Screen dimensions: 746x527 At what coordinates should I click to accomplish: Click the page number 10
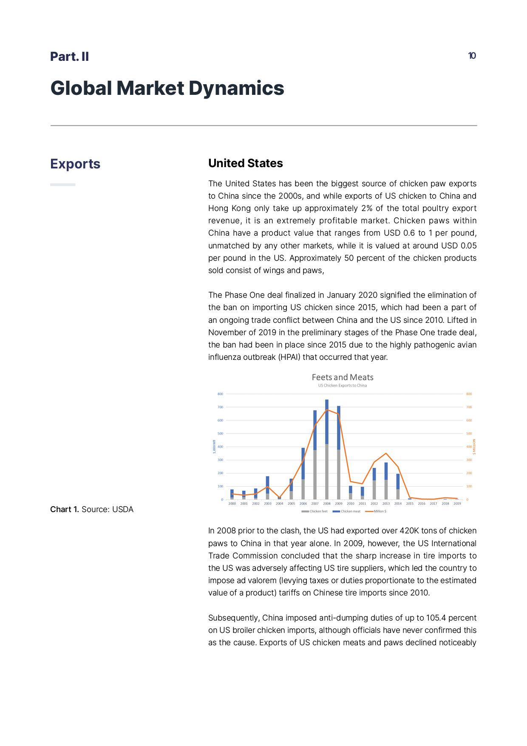[472, 56]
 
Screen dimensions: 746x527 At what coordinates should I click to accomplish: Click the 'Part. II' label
[69, 57]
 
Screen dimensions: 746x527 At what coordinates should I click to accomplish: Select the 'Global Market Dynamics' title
[167, 88]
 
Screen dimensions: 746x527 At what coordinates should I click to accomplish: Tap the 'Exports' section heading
[75, 164]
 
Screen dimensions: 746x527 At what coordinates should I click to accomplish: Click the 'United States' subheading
[245, 163]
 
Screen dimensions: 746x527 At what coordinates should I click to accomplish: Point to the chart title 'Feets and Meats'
[343, 377]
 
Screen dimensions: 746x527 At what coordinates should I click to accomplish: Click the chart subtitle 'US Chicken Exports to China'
[343, 386]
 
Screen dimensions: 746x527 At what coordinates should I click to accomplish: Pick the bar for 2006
[303, 474]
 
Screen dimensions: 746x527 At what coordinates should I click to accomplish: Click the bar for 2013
[386, 481]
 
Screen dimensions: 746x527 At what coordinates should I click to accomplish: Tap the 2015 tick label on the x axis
[410, 504]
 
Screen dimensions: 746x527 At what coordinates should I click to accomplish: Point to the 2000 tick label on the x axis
[232, 504]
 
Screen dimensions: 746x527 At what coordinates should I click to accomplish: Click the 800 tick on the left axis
[220, 394]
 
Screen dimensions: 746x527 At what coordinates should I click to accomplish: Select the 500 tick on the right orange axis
[469, 433]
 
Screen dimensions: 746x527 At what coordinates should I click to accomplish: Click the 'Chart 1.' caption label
[65, 510]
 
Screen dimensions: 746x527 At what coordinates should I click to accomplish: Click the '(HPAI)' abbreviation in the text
[289, 357]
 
